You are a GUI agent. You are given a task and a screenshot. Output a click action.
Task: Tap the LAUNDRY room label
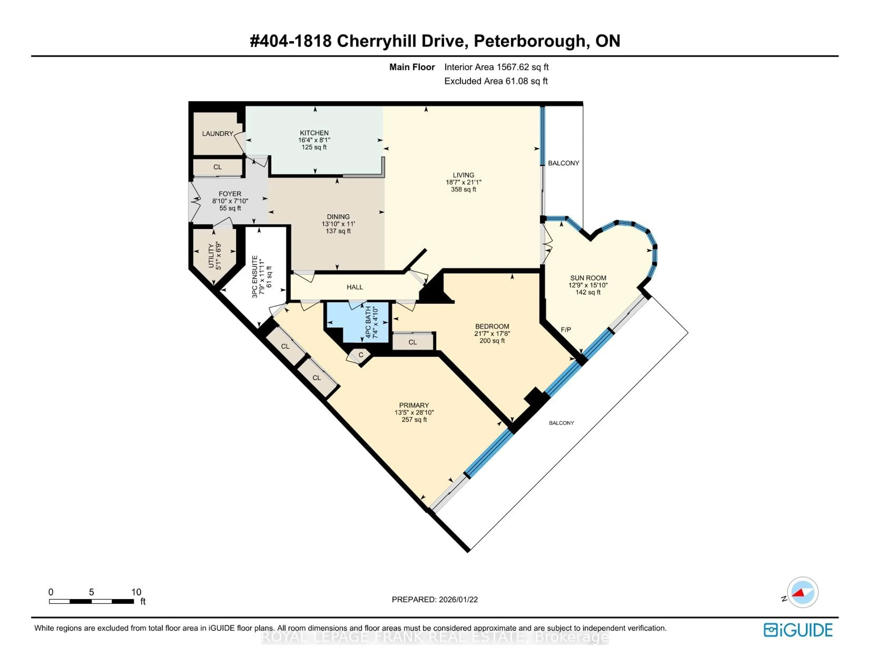tap(217, 134)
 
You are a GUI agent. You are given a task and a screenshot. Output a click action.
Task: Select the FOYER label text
tap(230, 194)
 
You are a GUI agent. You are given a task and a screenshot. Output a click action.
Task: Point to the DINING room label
tap(338, 217)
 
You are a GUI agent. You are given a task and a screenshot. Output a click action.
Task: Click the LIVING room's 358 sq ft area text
tap(463, 189)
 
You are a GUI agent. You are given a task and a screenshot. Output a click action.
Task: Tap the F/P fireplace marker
tap(565, 329)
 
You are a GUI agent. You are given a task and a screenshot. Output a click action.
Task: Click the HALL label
tap(355, 287)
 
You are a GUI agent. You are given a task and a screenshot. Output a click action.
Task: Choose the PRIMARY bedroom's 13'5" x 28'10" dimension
tap(414, 413)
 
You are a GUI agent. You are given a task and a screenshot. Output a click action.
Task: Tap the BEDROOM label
tap(492, 326)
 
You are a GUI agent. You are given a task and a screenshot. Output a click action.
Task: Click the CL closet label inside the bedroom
tap(413, 342)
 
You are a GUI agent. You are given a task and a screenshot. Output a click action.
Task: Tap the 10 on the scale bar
tap(136, 592)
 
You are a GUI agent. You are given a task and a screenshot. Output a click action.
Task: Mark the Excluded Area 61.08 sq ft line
tap(496, 81)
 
